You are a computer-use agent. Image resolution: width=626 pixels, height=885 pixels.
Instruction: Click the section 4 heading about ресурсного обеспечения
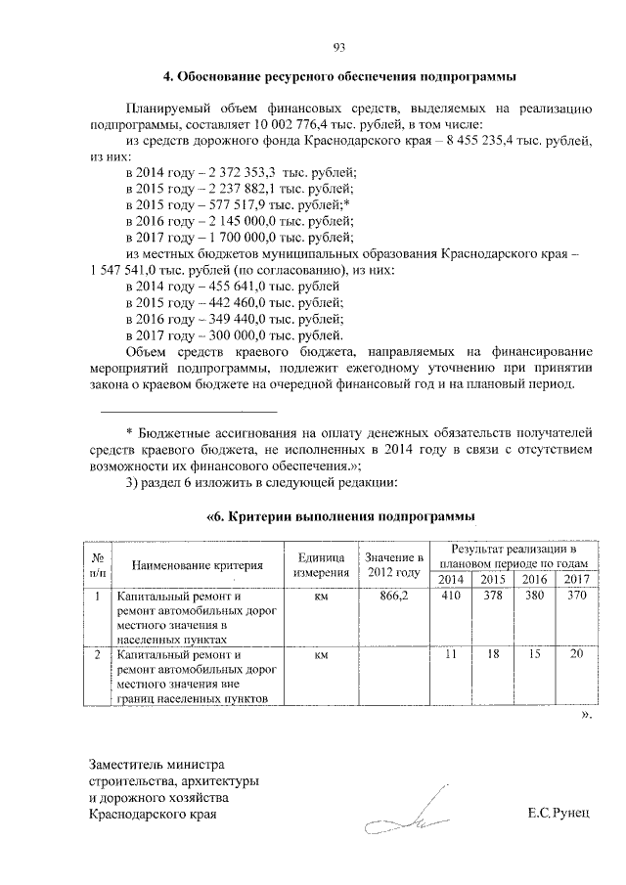[x=338, y=76]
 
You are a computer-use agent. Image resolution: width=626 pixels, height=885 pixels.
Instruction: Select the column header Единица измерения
[x=320, y=564]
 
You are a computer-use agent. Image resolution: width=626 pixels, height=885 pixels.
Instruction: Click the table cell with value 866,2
[x=392, y=596]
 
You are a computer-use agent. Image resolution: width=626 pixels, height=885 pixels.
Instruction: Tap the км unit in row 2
[x=320, y=655]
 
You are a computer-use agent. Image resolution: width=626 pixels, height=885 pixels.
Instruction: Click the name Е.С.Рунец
[x=559, y=814]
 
